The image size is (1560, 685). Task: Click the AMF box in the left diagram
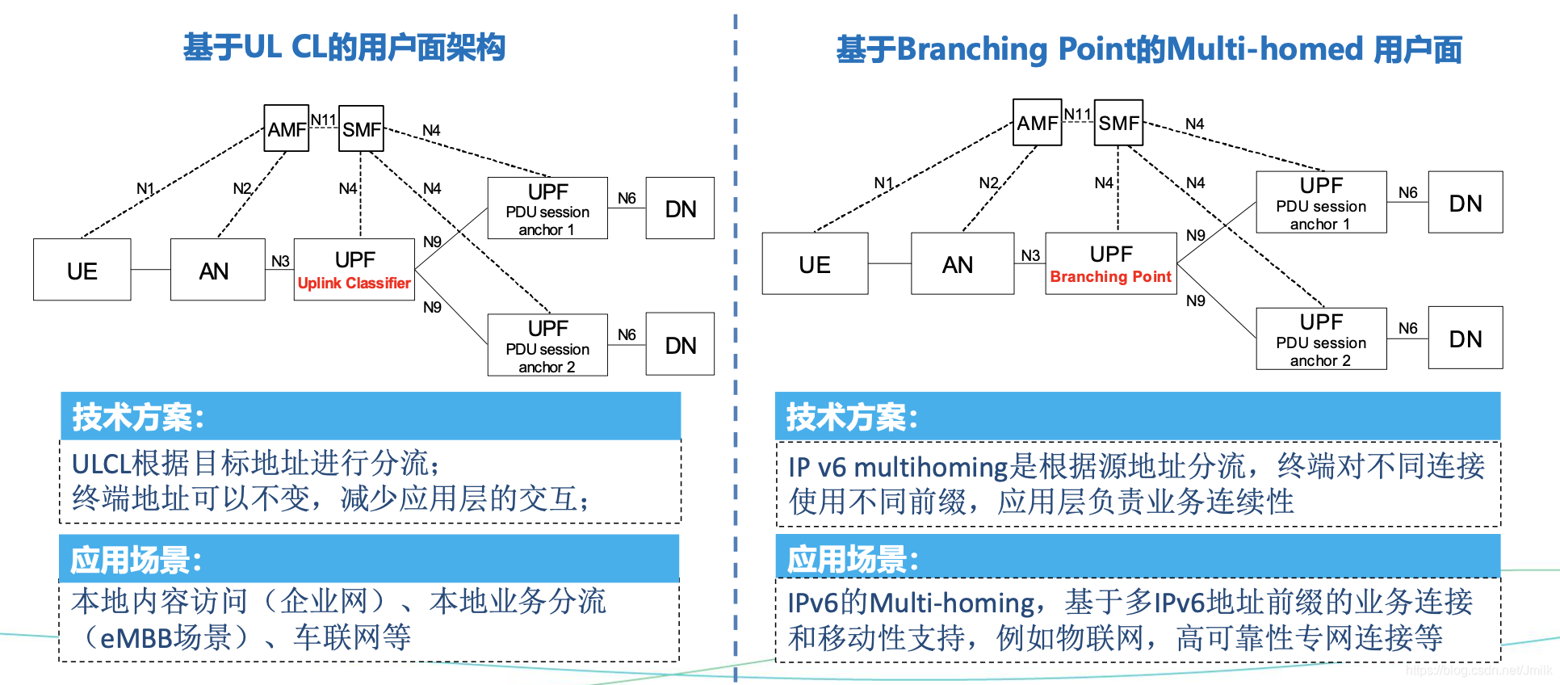[286, 128]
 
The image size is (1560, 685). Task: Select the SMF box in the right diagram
[1118, 123]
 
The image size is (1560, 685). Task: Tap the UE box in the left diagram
[82, 270]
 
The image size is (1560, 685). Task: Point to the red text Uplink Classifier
[354, 284]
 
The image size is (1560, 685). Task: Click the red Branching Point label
[1110, 277]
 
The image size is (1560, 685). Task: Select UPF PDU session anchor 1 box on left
[547, 208]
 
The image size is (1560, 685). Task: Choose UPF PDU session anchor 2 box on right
[1321, 339]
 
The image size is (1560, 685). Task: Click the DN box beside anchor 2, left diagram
[680, 345]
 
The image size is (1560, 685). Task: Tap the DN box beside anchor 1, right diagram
[1465, 203]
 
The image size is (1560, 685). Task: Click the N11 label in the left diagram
[323, 120]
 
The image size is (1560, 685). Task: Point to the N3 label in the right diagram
[1030, 255]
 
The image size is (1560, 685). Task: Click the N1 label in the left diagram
[145, 188]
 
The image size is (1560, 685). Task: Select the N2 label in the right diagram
[988, 183]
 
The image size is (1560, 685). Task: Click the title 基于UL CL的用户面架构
[344, 48]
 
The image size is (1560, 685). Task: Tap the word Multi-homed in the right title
[1264, 49]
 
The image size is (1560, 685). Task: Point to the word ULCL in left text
[100, 464]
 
